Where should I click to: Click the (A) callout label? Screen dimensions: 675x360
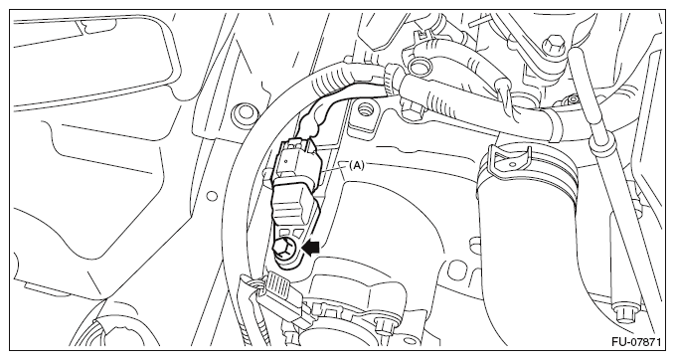click(x=357, y=165)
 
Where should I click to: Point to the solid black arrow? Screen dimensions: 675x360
click(x=312, y=248)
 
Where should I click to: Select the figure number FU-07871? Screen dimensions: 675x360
click(x=636, y=342)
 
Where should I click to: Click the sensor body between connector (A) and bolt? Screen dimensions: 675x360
click(x=293, y=207)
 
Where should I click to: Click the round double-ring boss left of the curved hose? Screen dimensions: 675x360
click(x=245, y=111)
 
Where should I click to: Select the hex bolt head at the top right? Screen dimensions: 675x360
click(x=552, y=45)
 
